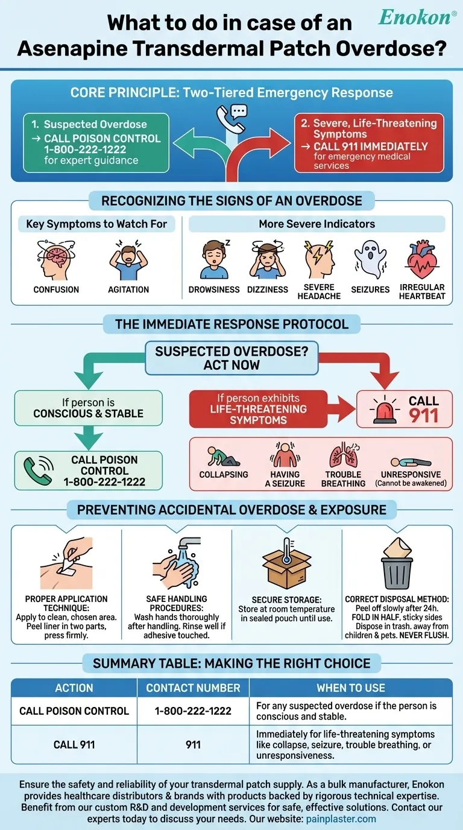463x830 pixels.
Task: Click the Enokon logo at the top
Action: (x=417, y=17)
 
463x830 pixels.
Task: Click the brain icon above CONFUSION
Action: (x=56, y=260)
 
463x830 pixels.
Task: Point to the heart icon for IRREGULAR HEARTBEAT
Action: (x=422, y=260)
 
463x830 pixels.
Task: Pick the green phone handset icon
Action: (x=38, y=470)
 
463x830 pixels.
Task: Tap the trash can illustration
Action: (x=397, y=564)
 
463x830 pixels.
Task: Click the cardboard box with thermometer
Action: (x=286, y=564)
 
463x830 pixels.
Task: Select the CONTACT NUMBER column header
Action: (x=193, y=688)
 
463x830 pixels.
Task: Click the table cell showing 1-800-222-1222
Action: (x=193, y=711)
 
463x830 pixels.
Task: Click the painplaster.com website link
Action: (x=341, y=819)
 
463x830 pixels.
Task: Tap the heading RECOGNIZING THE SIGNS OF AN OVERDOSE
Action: (x=231, y=201)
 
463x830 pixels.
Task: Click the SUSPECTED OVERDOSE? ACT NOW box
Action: (x=231, y=358)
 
